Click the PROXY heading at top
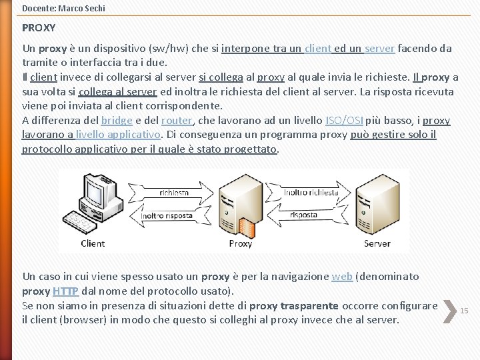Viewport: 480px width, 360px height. (x=39, y=29)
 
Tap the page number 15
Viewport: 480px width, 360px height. (x=465, y=310)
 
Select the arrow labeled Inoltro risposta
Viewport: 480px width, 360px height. (x=167, y=215)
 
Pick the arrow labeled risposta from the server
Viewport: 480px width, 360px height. (x=304, y=215)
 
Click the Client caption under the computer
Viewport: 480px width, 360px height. (x=93, y=243)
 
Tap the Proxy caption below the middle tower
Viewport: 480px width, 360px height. (x=240, y=243)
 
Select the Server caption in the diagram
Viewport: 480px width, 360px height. (x=377, y=243)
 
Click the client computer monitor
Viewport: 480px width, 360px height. (x=94, y=192)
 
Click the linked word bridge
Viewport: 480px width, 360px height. (x=117, y=121)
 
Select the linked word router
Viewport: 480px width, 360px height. (x=176, y=121)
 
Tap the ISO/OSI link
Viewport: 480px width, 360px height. (x=344, y=121)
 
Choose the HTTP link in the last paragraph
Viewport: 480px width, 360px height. (x=65, y=291)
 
